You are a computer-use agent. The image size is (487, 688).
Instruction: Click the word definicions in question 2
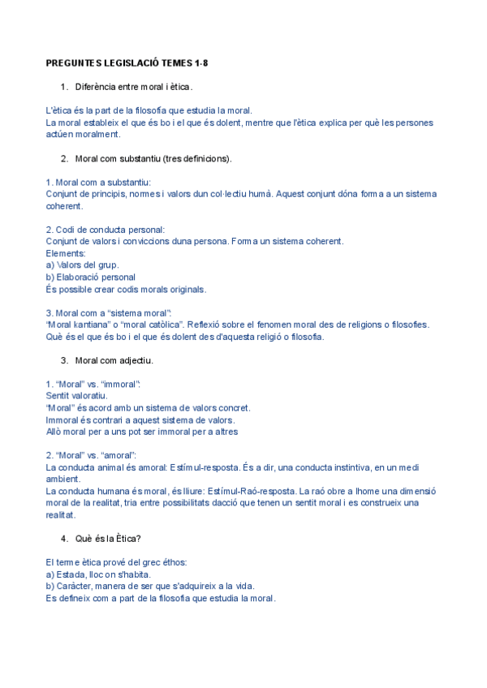[x=206, y=158]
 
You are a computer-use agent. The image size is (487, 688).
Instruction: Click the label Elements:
[x=65, y=253]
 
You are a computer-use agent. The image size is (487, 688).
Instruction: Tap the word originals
[x=183, y=289]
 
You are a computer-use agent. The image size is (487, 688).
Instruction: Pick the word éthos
[x=169, y=562]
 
